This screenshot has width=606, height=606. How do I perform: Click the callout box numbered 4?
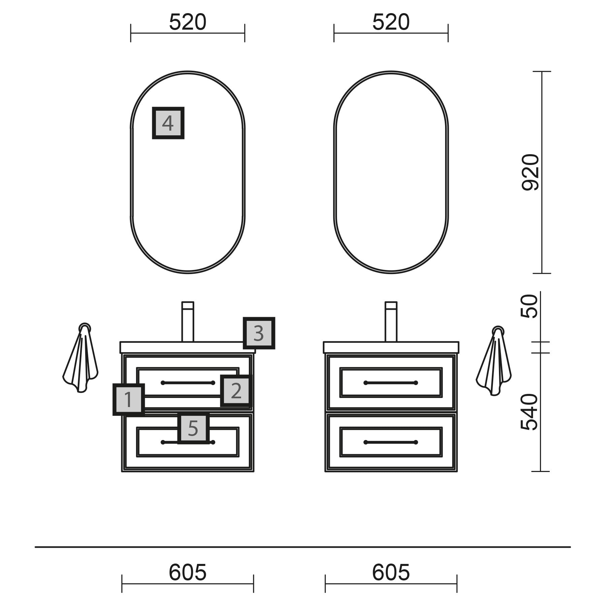pyautogui.click(x=168, y=123)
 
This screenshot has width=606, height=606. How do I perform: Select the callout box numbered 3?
pyautogui.click(x=259, y=333)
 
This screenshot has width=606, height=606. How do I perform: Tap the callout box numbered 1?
pyautogui.click(x=129, y=399)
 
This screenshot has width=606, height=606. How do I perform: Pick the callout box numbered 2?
pyautogui.click(x=236, y=391)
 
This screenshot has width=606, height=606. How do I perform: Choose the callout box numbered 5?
pyautogui.click(x=193, y=428)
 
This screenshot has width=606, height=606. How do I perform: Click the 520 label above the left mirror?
pyautogui.click(x=188, y=22)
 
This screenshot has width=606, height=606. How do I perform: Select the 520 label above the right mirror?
pyautogui.click(x=391, y=22)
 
